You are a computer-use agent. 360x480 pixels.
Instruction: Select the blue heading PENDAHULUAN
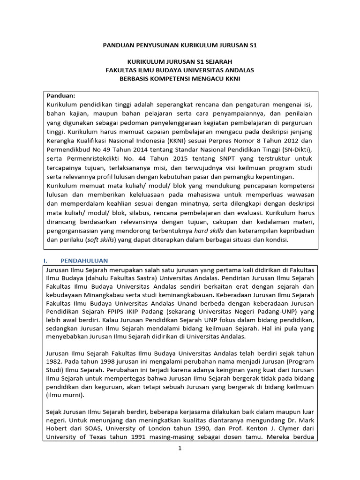click(x=84, y=261)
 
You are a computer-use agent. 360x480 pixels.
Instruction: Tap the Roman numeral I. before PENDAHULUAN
click(x=48, y=261)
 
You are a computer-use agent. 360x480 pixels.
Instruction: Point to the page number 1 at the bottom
click(x=180, y=448)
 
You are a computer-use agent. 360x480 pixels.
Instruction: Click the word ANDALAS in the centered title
click(x=238, y=70)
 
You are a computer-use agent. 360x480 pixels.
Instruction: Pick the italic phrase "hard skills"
click(x=209, y=231)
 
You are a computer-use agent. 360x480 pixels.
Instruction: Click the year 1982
click(x=54, y=362)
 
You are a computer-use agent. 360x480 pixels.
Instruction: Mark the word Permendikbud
click(x=69, y=149)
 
